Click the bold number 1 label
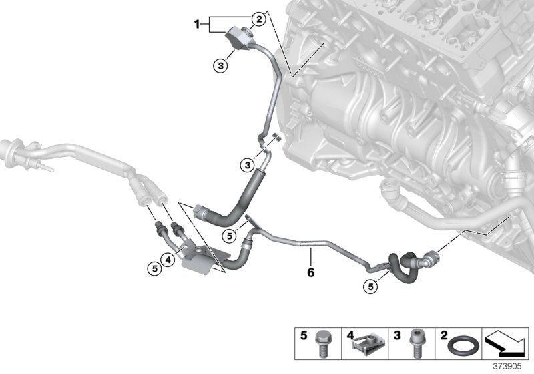click(x=197, y=25)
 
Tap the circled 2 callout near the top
click(x=257, y=19)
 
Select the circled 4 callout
click(x=170, y=259)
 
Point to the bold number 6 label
click(x=310, y=272)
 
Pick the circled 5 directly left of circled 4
click(x=154, y=268)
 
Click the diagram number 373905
click(x=509, y=367)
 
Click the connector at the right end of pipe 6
click(x=432, y=256)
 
